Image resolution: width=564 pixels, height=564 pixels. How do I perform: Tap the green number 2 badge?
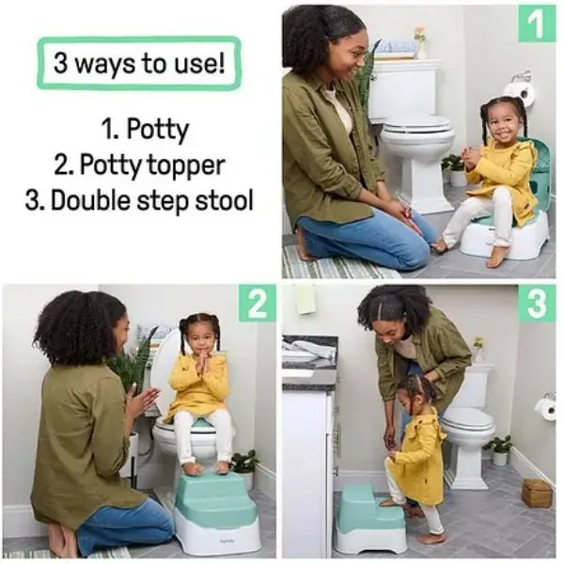click(258, 304)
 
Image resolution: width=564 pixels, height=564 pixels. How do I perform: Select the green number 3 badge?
click(537, 304)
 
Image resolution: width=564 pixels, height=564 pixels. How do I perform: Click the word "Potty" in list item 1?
click(158, 131)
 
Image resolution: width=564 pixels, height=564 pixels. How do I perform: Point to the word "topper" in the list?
click(185, 166)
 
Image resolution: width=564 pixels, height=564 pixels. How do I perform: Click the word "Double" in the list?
click(92, 200)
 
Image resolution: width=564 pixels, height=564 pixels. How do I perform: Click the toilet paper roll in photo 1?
click(520, 93)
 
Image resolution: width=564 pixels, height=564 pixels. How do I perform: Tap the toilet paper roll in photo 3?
click(547, 408)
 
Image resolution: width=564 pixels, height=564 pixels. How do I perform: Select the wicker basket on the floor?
click(537, 493)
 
